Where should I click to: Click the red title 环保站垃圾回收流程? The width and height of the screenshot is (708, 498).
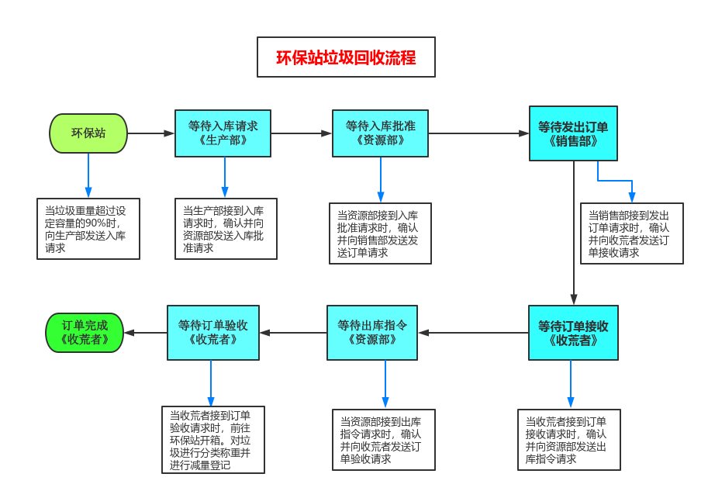coord(346,57)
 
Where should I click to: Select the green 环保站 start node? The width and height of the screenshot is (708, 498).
coord(88,133)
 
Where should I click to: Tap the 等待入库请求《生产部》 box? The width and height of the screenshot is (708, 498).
coord(223,133)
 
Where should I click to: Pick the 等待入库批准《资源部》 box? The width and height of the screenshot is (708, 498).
coord(380,133)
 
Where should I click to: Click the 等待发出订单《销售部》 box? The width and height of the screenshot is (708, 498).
coord(573,133)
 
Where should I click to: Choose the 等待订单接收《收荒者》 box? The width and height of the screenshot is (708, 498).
coord(573,333)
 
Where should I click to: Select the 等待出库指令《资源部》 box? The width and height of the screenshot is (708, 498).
coord(372,333)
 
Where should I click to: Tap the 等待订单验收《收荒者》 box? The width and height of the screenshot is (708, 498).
coord(213,333)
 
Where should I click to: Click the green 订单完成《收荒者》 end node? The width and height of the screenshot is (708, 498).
coord(85,333)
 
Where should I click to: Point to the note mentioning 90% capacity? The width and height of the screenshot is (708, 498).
coord(88,229)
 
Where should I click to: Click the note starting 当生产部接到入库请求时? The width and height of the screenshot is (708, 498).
coord(226,229)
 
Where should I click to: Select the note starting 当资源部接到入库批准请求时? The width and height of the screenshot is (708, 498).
coord(380,233)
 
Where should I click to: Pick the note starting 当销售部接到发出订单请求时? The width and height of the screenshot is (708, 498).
coord(632,233)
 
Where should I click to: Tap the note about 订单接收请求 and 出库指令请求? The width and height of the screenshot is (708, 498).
coord(569,440)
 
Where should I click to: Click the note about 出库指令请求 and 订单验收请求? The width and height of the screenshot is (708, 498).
coord(384,440)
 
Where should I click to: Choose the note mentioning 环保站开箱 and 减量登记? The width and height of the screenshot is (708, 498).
coord(213,440)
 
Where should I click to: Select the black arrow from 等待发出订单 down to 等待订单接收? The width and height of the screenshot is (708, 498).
coord(574,233)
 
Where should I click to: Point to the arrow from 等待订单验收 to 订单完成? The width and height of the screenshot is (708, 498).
coord(146,333)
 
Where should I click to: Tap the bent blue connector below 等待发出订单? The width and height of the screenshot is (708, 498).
coord(614,182)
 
